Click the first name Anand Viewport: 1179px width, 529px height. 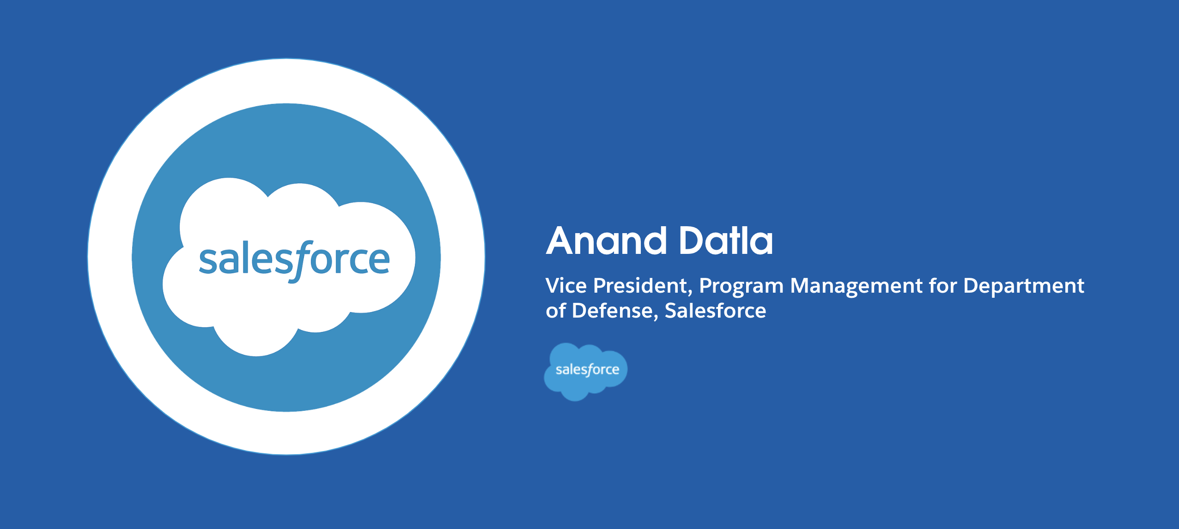(x=606, y=240)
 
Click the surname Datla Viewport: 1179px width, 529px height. (x=726, y=240)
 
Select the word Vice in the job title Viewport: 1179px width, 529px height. (x=566, y=286)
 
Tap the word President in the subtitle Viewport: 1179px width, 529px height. (x=640, y=286)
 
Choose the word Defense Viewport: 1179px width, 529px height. (x=613, y=311)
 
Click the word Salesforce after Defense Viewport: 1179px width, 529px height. (x=715, y=311)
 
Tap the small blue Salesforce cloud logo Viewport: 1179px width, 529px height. (x=585, y=372)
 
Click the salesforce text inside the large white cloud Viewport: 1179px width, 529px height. (x=294, y=260)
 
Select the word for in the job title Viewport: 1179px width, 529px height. (x=943, y=286)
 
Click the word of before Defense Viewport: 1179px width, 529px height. (x=555, y=311)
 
